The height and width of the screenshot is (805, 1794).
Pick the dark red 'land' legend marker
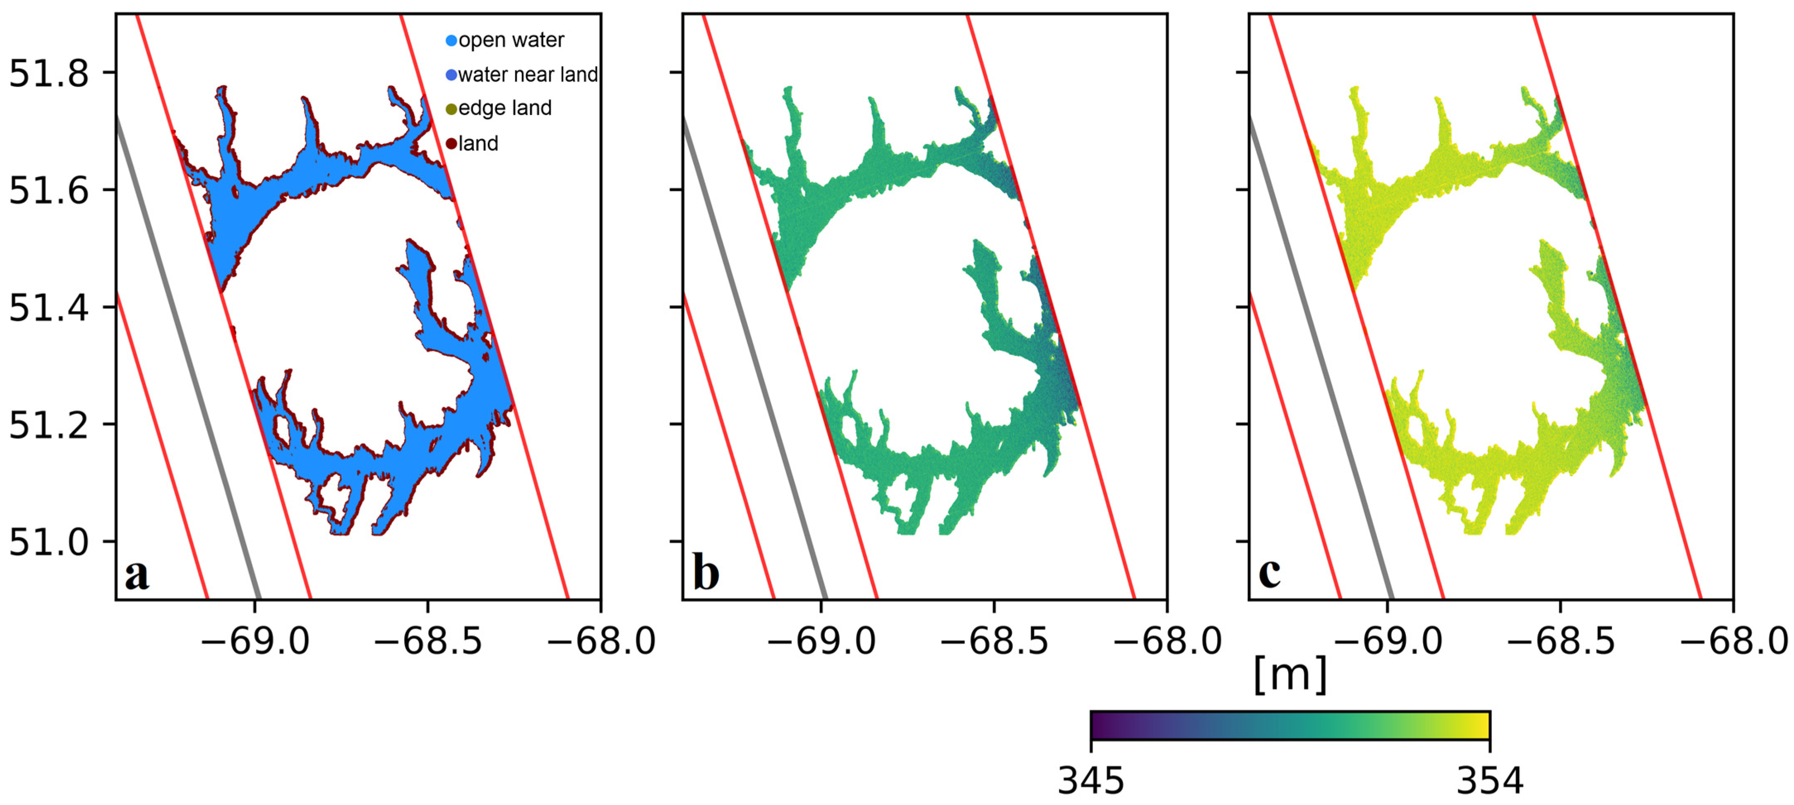[451, 144]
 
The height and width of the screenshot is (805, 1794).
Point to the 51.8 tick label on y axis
[49, 73]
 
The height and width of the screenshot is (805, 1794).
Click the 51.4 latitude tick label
[49, 308]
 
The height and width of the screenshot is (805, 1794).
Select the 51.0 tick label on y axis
[49, 542]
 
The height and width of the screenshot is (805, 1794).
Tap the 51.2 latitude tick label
[49, 425]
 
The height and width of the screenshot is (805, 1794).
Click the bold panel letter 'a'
[137, 575]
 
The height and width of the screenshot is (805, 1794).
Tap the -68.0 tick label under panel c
[1734, 641]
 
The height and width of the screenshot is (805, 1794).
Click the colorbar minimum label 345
[1090, 781]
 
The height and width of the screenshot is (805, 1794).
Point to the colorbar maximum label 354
[1490, 781]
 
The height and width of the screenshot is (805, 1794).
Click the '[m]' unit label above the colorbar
[1290, 674]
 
